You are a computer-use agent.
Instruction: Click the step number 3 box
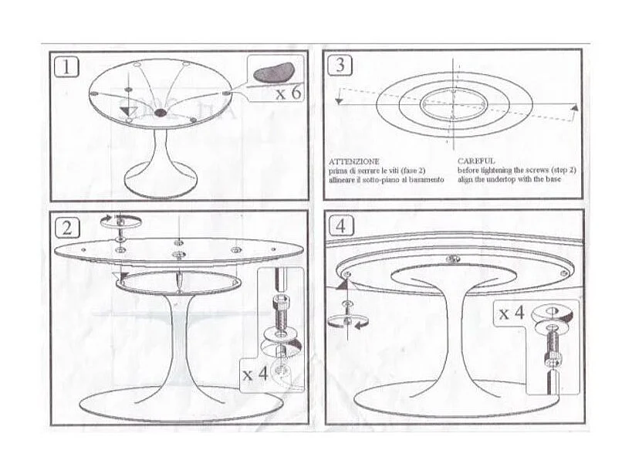[340, 65]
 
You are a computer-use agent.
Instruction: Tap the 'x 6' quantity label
[287, 93]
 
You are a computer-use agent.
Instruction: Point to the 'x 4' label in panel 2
[255, 374]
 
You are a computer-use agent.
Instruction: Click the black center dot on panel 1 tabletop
[161, 113]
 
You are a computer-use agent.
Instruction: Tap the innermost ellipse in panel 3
[454, 103]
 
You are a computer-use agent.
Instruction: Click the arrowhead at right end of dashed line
[574, 109]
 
